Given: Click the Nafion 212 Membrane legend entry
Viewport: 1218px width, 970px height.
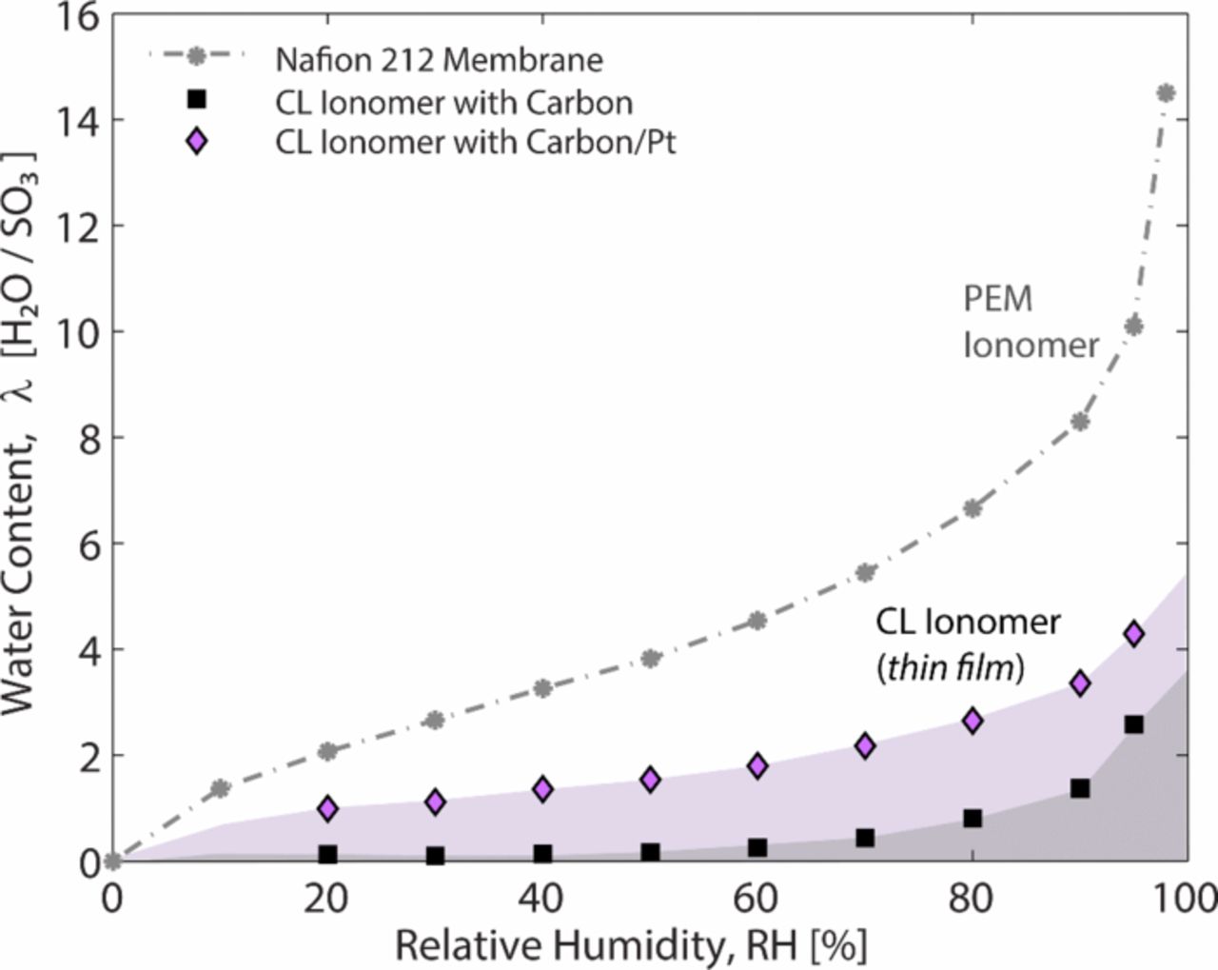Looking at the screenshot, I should point(439,60).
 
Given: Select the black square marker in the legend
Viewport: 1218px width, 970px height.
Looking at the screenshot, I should point(196,99).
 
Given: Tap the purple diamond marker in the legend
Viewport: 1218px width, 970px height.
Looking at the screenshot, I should point(196,143).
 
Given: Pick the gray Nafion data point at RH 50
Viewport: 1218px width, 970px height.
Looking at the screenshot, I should point(651,658).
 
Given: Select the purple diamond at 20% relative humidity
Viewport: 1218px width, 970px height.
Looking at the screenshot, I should point(328,808).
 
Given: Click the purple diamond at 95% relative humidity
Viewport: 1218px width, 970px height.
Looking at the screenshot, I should point(1133,634).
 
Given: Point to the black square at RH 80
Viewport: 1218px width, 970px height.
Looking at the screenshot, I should point(972,819).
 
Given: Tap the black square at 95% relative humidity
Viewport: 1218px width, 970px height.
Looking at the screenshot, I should point(1133,724).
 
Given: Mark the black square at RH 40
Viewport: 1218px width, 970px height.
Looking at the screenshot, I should point(543,854).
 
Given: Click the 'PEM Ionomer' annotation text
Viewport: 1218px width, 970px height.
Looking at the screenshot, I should point(1030,322).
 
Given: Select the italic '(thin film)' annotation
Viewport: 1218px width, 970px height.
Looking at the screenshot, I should point(949,668).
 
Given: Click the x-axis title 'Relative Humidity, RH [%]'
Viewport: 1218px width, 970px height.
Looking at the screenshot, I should point(631,946).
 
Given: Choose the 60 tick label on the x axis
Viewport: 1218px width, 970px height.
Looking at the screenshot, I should point(757,898).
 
